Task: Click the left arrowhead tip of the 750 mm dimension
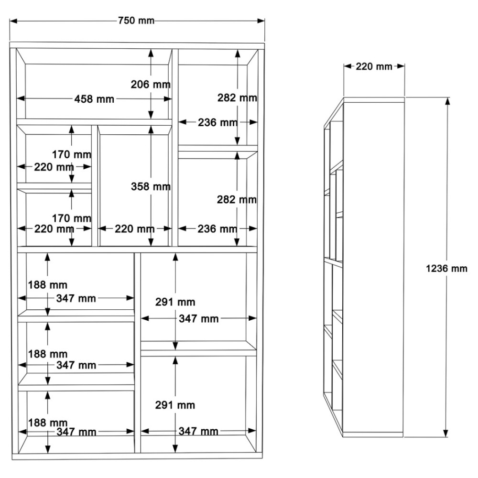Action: [x=10, y=21]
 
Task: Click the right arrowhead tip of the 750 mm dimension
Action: [x=264, y=21]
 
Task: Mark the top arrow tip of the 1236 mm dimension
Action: [x=447, y=98]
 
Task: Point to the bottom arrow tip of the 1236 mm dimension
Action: [x=445, y=437]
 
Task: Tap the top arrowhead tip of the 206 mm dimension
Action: [x=151, y=49]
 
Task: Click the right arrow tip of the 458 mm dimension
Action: [x=172, y=99]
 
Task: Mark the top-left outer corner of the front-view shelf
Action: [x=10, y=43]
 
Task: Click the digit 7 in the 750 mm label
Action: [x=121, y=21]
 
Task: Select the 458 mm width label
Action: [x=94, y=99]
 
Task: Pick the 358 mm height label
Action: [x=151, y=186]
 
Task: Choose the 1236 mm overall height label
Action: [x=446, y=268]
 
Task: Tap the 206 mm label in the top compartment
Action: [x=151, y=84]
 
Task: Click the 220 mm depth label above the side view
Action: [x=374, y=66]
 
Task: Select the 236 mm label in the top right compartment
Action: [x=217, y=122]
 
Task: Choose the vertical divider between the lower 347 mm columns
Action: [x=138, y=353]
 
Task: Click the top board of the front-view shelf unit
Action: [x=137, y=45]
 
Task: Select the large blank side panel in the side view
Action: [x=374, y=267]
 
